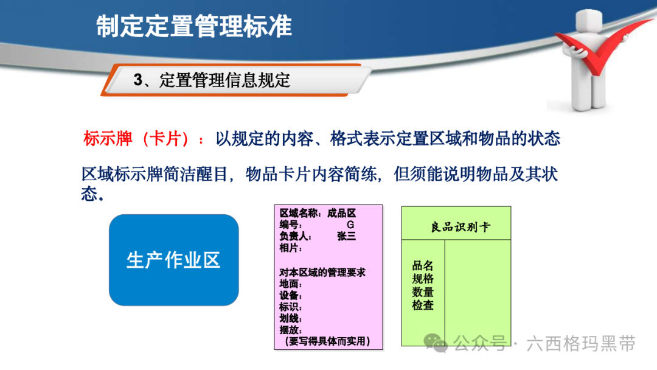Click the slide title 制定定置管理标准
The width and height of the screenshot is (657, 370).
click(x=194, y=26)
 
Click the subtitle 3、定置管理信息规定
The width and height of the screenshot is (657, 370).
click(x=212, y=80)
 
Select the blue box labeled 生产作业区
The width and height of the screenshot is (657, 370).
click(x=174, y=260)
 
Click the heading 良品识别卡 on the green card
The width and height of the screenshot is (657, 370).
click(x=460, y=227)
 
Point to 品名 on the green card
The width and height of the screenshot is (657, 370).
click(x=422, y=265)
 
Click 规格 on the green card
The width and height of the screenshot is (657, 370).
click(x=422, y=279)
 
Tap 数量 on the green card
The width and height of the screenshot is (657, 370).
click(x=422, y=291)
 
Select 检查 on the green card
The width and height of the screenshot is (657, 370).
click(x=422, y=305)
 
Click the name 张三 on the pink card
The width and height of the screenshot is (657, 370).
click(x=347, y=236)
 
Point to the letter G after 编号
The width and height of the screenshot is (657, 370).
click(x=350, y=225)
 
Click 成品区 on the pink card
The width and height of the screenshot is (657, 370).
click(x=341, y=213)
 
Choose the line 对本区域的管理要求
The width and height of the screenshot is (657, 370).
click(x=322, y=273)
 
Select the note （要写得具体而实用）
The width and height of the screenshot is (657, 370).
click(x=327, y=341)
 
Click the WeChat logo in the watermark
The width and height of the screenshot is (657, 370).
click(x=436, y=343)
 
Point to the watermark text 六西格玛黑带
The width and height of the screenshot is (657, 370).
click(x=581, y=344)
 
